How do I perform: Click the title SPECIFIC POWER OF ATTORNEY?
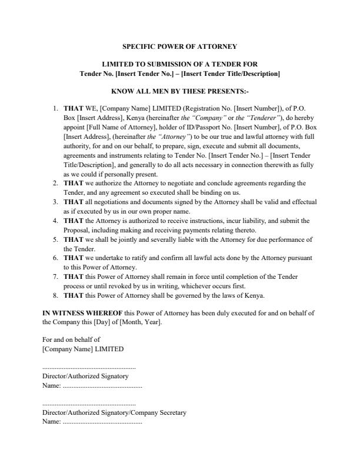click(179, 46)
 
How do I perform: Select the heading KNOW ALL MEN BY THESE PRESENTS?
click(179, 92)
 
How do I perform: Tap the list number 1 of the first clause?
click(55, 109)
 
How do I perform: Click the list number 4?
click(55, 221)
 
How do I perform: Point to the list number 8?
click(55, 295)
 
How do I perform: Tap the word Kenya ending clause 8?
click(254, 295)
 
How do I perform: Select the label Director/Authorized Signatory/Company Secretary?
click(114, 413)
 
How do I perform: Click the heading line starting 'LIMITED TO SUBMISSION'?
click(179, 64)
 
